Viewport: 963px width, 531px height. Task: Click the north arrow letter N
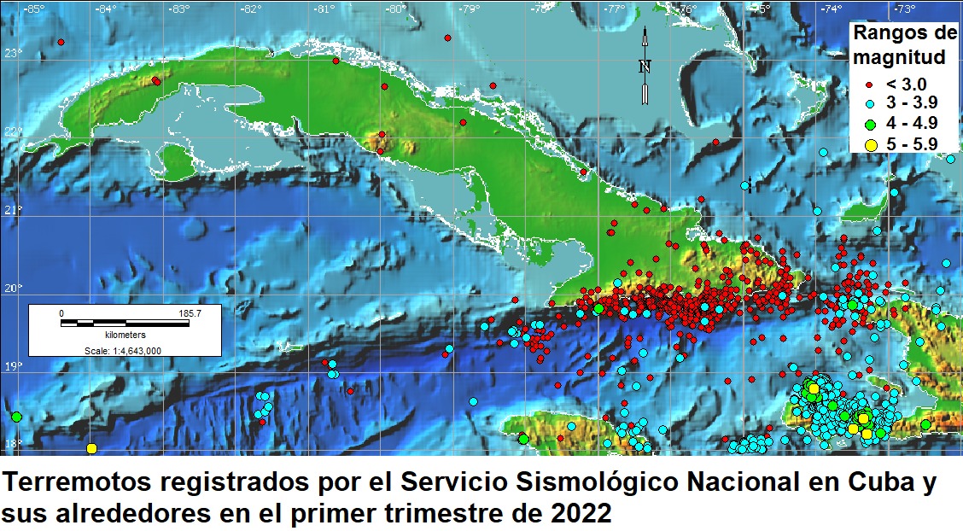coord(645,67)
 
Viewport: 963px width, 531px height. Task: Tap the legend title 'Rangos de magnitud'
coord(905,46)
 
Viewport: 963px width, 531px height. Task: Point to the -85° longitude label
coord(34,9)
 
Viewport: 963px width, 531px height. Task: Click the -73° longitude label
coord(904,9)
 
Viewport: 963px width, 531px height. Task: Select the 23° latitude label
coord(12,53)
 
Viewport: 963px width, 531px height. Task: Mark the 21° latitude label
coord(12,210)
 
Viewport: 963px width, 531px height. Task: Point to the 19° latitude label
coord(12,367)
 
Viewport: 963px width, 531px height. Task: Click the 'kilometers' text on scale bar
coord(125,336)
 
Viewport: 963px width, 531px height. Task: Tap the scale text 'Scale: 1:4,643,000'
coord(125,350)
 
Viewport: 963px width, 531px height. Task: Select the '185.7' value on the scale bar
coord(189,314)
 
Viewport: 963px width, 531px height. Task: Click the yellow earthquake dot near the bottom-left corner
coord(91,448)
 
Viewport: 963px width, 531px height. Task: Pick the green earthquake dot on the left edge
coord(16,417)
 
